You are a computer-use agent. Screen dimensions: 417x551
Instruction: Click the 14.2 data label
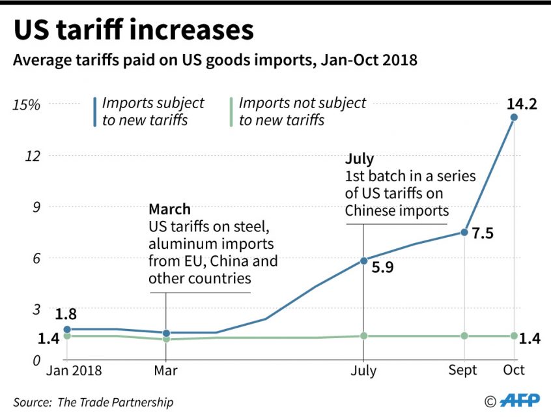click(x=523, y=103)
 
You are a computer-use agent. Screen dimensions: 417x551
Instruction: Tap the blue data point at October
click(x=514, y=117)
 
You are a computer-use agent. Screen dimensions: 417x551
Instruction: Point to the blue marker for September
click(x=464, y=232)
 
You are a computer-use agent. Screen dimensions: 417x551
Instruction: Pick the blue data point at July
click(x=363, y=261)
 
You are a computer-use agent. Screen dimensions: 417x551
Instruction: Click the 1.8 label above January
click(x=66, y=314)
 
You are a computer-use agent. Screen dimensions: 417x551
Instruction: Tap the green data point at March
click(x=166, y=339)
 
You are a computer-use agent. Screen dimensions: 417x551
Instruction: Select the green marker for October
click(x=514, y=336)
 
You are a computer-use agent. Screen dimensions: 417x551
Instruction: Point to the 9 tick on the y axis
click(x=35, y=207)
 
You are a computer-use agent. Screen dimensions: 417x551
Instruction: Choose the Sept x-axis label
click(x=462, y=371)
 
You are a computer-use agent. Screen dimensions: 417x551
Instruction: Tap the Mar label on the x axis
click(x=166, y=371)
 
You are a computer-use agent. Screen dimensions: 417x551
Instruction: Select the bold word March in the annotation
click(x=169, y=209)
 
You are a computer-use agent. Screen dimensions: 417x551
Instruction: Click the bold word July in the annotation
click(x=360, y=159)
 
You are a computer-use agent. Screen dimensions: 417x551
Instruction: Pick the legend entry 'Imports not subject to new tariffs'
click(x=302, y=111)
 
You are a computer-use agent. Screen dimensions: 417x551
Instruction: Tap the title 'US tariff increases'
click(x=134, y=31)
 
